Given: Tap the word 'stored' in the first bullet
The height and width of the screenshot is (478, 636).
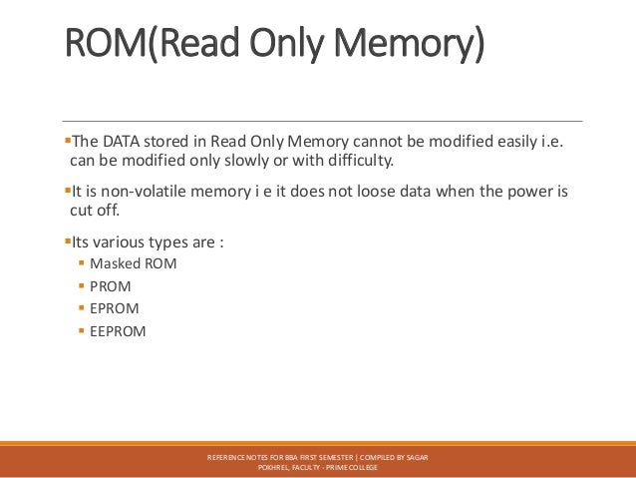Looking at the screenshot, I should point(170,141).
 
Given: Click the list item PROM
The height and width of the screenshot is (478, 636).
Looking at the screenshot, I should point(111,285).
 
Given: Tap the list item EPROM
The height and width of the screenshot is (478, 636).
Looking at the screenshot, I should point(115,308).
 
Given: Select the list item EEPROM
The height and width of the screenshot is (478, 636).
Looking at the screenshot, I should point(119,330).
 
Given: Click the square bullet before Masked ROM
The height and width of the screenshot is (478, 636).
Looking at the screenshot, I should point(81,263).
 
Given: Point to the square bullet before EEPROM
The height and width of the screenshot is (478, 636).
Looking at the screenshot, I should point(81,330).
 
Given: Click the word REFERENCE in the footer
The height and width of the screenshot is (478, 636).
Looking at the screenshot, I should point(227,456).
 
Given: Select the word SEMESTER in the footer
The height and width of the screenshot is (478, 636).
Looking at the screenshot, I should point(336,456).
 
